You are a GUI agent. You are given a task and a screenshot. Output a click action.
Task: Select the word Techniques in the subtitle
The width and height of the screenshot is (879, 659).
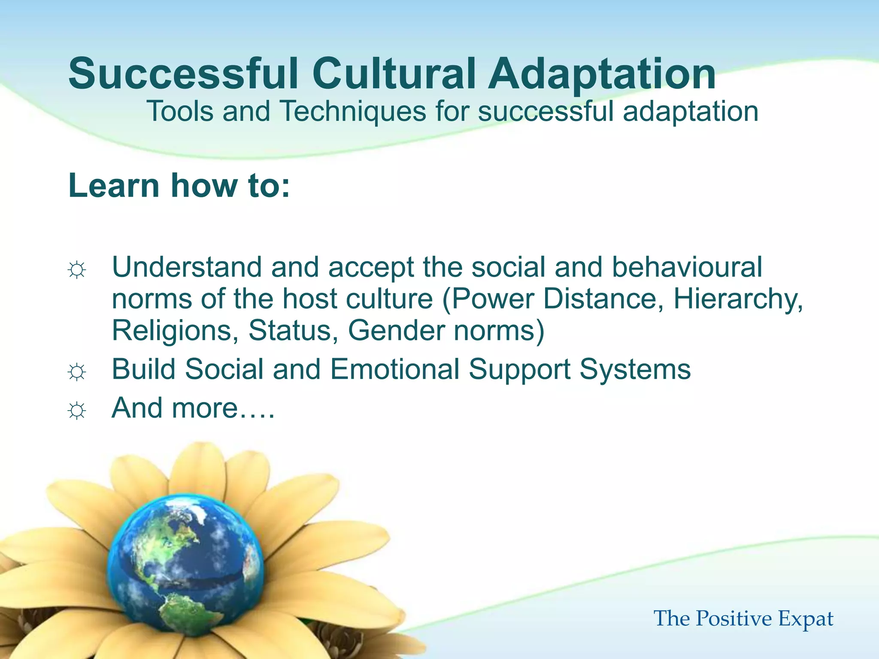(353, 112)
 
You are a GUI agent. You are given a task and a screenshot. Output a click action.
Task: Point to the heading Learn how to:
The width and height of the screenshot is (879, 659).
(179, 185)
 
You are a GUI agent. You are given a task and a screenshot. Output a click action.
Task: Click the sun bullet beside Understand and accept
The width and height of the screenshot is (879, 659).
(77, 270)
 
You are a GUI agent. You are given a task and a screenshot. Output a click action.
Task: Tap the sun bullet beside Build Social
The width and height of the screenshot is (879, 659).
(77, 372)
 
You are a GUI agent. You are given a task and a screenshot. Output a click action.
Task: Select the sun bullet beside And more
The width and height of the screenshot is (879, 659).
(77, 411)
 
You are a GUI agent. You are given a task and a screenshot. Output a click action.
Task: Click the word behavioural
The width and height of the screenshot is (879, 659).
(687, 267)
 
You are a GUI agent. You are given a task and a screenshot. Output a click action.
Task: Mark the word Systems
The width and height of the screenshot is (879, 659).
(635, 370)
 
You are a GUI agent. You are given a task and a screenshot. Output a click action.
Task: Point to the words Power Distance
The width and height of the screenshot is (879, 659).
(554, 299)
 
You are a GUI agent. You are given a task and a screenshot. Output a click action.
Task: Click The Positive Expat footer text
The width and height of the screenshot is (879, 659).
(743, 619)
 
